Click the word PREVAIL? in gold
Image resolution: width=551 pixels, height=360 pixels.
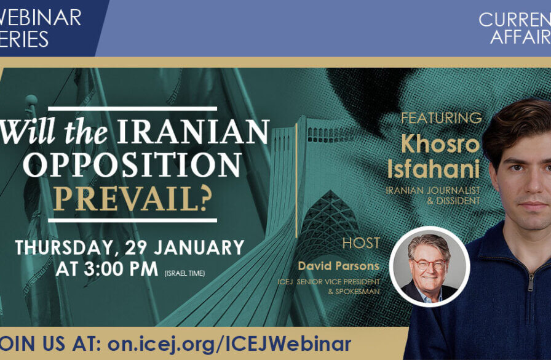click(x=132, y=199)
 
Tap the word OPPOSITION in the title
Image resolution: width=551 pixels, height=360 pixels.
click(x=132, y=165)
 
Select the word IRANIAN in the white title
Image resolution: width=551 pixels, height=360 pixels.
click(x=193, y=132)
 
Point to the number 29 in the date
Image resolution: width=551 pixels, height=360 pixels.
click(x=137, y=247)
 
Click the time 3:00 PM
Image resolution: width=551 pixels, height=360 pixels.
click(x=121, y=269)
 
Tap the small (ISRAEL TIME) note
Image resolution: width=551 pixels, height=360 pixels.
click(x=184, y=273)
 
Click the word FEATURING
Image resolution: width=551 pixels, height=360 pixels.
click(x=442, y=118)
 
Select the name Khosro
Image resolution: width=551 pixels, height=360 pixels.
click(x=440, y=143)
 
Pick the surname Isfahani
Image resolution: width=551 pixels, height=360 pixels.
click(x=434, y=169)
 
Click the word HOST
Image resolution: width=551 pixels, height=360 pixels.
click(x=361, y=243)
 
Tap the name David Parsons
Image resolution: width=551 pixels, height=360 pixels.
click(x=339, y=266)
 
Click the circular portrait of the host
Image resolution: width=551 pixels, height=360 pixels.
click(x=429, y=266)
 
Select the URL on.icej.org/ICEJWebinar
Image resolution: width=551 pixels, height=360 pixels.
click(x=229, y=343)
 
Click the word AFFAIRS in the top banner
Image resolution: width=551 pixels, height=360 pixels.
click(x=520, y=36)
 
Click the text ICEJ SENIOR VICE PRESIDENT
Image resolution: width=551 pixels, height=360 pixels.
click(x=328, y=282)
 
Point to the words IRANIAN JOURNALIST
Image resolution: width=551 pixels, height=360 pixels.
click(x=433, y=191)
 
